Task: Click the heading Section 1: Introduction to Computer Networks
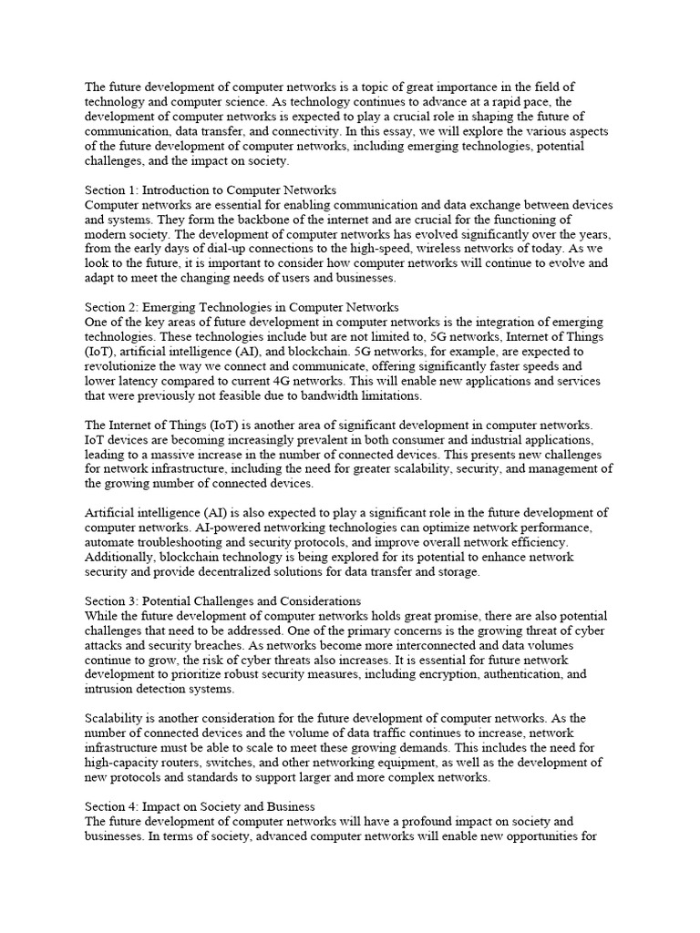(211, 190)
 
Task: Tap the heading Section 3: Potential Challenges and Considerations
(223, 600)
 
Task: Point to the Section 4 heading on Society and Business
(201, 806)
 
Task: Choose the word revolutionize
(124, 365)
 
